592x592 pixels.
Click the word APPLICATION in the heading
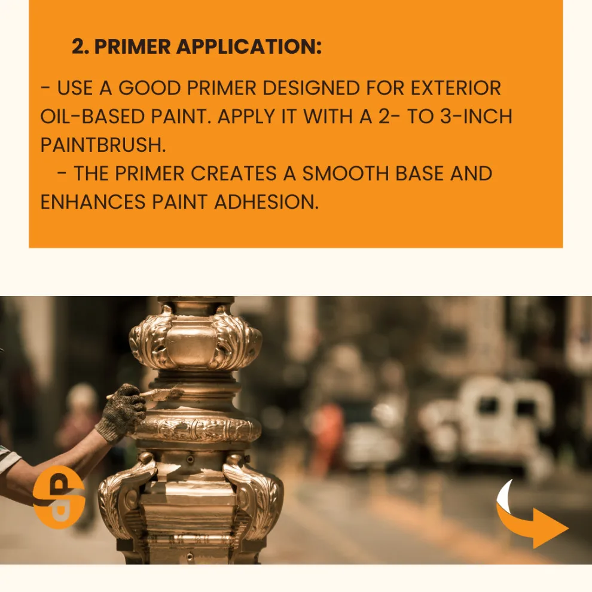point(249,47)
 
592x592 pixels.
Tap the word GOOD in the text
point(149,88)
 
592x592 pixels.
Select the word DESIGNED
point(311,88)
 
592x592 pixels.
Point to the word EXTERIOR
point(455,88)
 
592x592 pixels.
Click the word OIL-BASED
point(93,116)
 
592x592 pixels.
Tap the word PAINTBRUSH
point(103,145)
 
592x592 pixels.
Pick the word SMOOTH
point(346,173)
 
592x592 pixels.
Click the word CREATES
point(234,173)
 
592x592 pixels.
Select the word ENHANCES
point(93,202)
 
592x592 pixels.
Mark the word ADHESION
point(266,202)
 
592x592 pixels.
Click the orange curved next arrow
point(530,516)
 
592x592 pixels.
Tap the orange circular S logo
point(59,497)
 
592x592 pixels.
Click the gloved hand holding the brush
point(121,411)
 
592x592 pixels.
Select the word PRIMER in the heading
point(133,47)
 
